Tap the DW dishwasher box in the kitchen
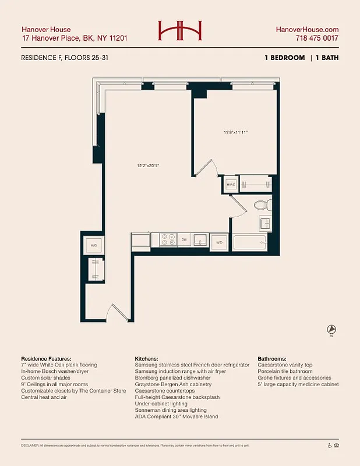183,239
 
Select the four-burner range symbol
168,239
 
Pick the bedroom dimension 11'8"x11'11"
236,132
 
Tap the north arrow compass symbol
331,329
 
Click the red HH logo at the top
180,31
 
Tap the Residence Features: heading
46,358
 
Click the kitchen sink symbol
200,239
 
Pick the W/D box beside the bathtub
219,242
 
